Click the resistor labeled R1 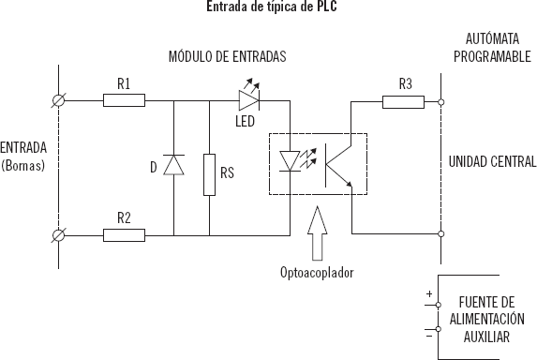(124, 100)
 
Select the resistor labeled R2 (124, 232)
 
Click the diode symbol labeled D (173, 166)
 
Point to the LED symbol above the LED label (249, 97)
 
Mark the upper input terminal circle (60, 100)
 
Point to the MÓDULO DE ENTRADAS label (227, 57)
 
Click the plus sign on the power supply (429, 294)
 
